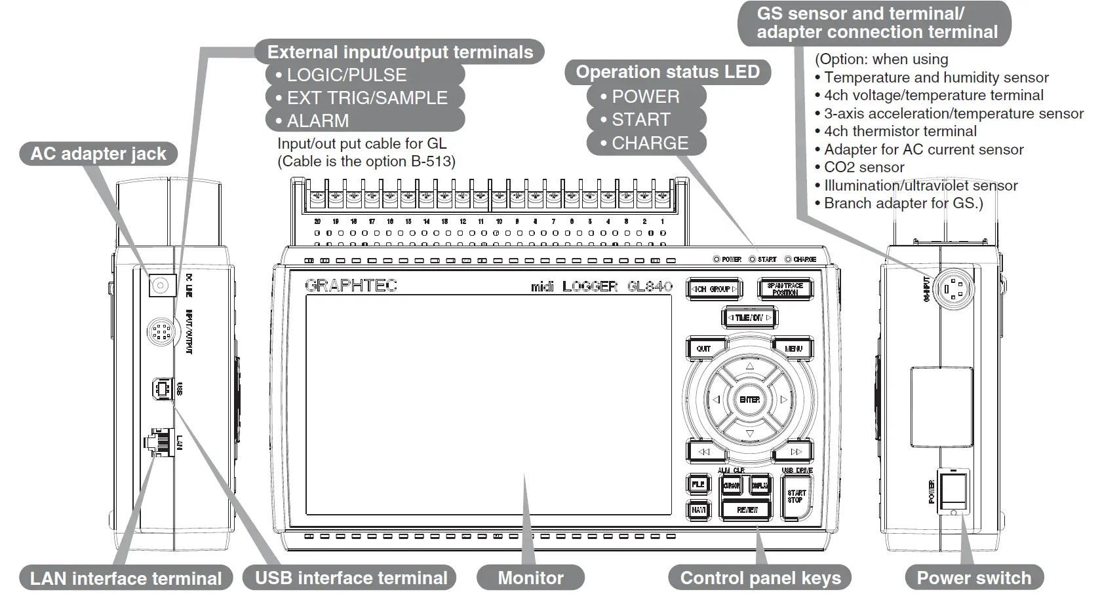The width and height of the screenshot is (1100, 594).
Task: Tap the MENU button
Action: pos(793,349)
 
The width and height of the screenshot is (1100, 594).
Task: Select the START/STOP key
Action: pos(796,497)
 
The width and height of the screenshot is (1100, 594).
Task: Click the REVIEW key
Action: pos(747,510)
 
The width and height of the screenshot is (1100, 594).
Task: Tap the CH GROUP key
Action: pos(715,289)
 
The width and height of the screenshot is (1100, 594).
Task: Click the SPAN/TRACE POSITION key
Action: pos(785,289)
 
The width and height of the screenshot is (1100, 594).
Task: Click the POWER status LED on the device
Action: pos(717,259)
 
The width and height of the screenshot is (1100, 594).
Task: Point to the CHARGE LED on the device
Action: pos(788,259)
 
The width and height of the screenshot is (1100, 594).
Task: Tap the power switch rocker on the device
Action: pos(953,491)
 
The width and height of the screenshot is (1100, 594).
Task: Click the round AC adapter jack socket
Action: pos(161,286)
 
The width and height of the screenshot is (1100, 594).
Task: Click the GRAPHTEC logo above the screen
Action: pos(351,286)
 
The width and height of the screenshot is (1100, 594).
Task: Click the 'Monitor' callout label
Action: pos(530,578)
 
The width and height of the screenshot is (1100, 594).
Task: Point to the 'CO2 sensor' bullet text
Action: pos(863,167)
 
